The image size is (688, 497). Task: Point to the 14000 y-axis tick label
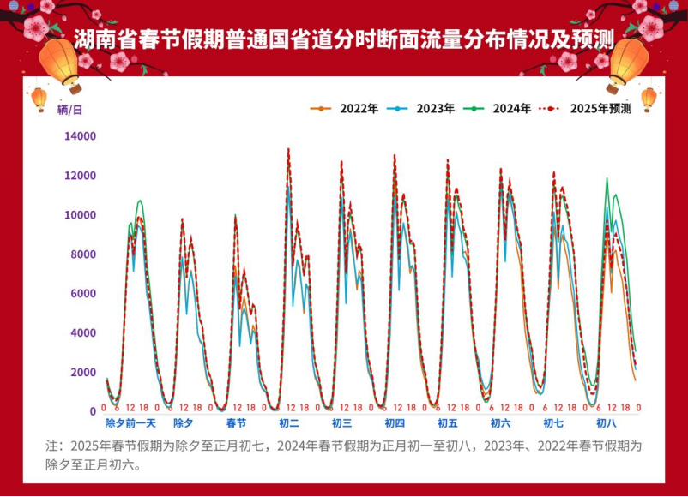coord(80,136)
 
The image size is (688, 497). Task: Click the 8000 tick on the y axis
coord(83,254)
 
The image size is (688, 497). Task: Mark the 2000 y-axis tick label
coord(83,372)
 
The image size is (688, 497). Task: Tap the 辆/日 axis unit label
coord(70,110)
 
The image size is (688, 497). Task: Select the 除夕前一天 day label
coord(130,423)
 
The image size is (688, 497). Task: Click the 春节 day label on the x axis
coord(236,423)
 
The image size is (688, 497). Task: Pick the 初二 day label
coord(289,423)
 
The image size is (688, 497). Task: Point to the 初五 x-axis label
coord(447,423)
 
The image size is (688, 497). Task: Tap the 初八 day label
coord(606,423)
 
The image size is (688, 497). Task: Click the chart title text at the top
coord(343,39)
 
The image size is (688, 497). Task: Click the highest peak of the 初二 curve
coord(288,150)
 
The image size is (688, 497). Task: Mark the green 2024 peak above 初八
coord(607,179)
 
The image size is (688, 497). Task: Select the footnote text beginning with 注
coord(343,456)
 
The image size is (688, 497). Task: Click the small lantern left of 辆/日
coord(39,99)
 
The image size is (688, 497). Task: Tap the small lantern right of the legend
coord(649,99)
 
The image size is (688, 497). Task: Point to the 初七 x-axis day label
coord(553,423)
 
